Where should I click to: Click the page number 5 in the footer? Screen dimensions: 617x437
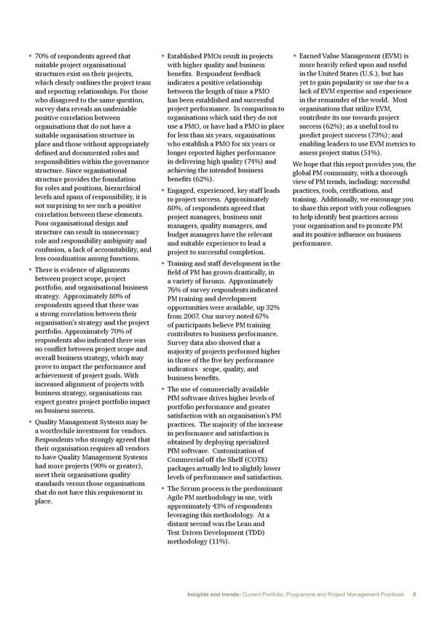(414, 594)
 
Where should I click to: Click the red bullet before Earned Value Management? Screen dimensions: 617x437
(293, 56)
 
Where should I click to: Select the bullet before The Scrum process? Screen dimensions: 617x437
(160, 488)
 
